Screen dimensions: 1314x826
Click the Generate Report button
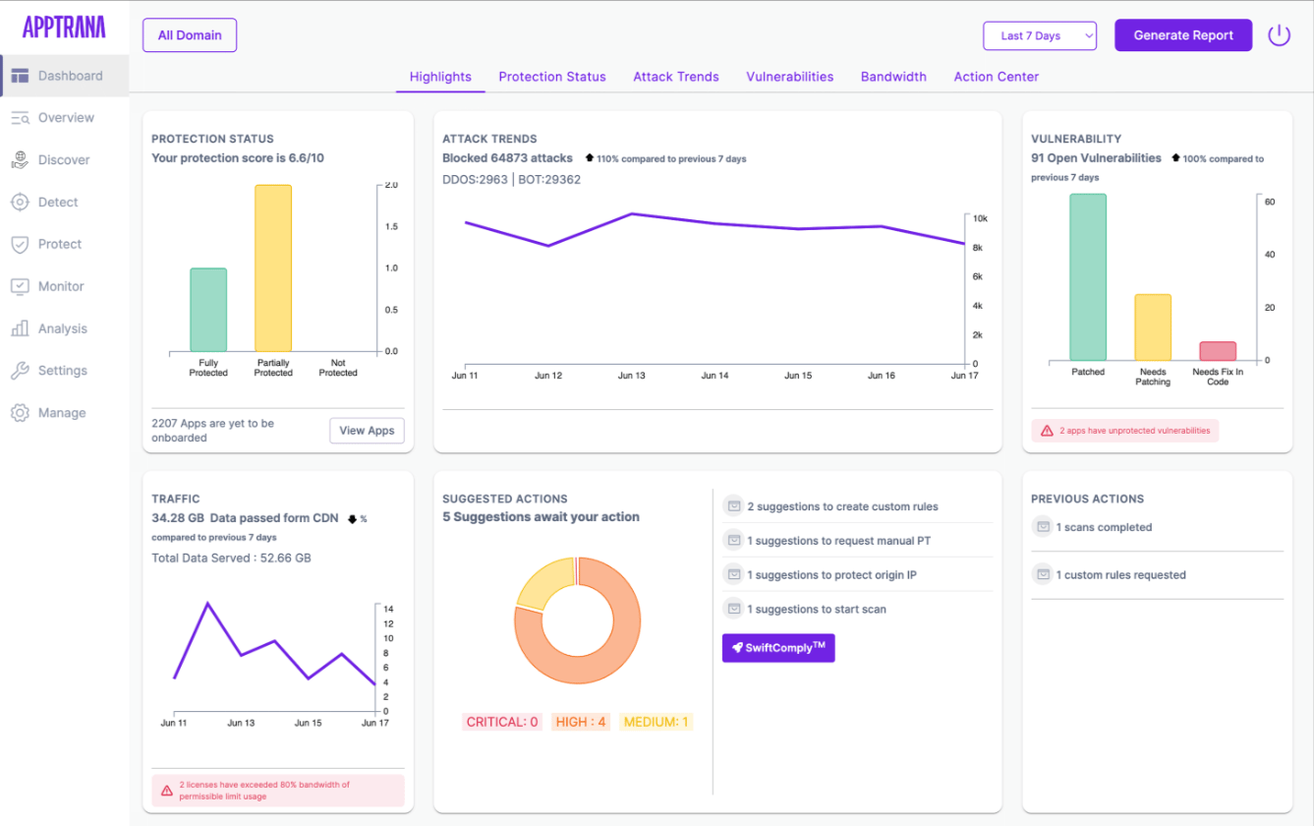point(1182,35)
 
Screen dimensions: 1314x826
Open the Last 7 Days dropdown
point(1040,35)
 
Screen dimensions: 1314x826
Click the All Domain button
point(190,35)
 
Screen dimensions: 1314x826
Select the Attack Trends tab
point(676,77)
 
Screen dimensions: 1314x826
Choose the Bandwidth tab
point(893,77)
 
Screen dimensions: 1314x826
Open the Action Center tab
point(996,77)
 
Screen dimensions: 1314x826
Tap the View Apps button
point(367,431)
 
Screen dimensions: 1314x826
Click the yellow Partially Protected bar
point(273,268)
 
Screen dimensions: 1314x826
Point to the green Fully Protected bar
point(208,310)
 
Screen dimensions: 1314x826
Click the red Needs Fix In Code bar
point(1218,351)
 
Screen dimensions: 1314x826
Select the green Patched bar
point(1088,277)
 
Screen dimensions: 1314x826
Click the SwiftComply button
point(778,648)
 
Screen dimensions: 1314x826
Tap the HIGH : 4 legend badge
point(580,722)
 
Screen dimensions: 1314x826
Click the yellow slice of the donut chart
point(543,583)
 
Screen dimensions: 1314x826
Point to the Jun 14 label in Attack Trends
point(714,375)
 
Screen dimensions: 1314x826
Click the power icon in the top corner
point(1279,35)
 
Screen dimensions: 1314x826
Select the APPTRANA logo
point(64,27)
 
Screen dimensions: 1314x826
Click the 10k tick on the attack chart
point(980,218)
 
